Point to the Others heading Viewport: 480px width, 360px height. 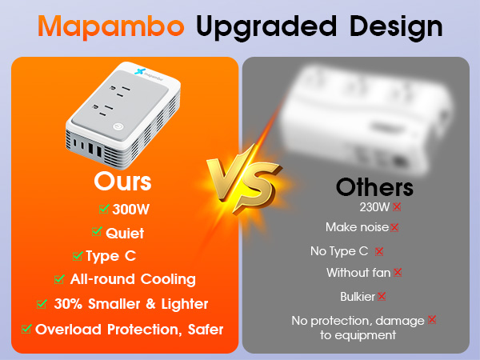[x=374, y=187]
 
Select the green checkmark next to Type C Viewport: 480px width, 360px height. [x=78, y=256]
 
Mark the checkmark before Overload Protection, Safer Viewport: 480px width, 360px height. [x=26, y=328]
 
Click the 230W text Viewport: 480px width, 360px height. [x=375, y=207]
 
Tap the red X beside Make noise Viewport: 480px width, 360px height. [x=394, y=227]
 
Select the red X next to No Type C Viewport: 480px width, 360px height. [x=379, y=251]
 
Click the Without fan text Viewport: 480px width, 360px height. [x=358, y=273]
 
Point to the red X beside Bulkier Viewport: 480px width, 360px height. [x=382, y=296]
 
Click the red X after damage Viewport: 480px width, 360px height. [x=432, y=320]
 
